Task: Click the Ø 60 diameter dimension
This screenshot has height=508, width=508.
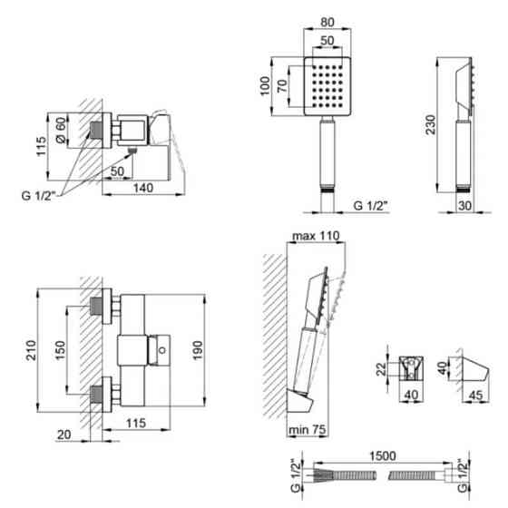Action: [61, 130]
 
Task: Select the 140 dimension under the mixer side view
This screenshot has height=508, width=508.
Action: [143, 188]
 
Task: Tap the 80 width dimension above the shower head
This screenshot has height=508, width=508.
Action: [327, 23]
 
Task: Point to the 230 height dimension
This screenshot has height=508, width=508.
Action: [431, 125]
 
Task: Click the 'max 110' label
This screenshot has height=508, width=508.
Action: [316, 236]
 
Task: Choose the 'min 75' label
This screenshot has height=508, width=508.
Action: [308, 430]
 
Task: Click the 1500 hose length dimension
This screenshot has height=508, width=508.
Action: [383, 455]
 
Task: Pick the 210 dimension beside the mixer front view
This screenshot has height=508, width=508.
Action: [32, 350]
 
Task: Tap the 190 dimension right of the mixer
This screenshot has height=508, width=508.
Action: [198, 350]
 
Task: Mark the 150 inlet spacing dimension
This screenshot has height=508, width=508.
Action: [60, 350]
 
